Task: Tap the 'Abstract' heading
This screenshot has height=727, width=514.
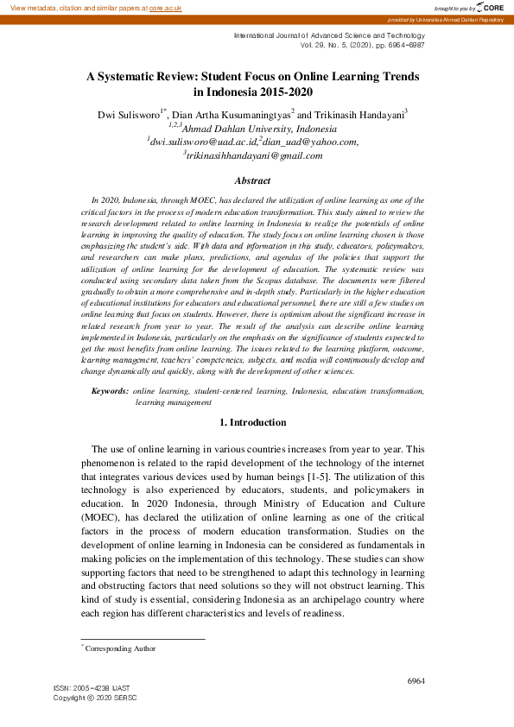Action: (252, 180)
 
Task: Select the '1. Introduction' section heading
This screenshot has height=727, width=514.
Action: (252, 422)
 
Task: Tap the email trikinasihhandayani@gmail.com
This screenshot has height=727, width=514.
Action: (254, 155)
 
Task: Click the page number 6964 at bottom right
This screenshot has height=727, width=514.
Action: (416, 680)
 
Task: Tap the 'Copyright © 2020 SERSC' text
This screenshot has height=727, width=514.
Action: (95, 697)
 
